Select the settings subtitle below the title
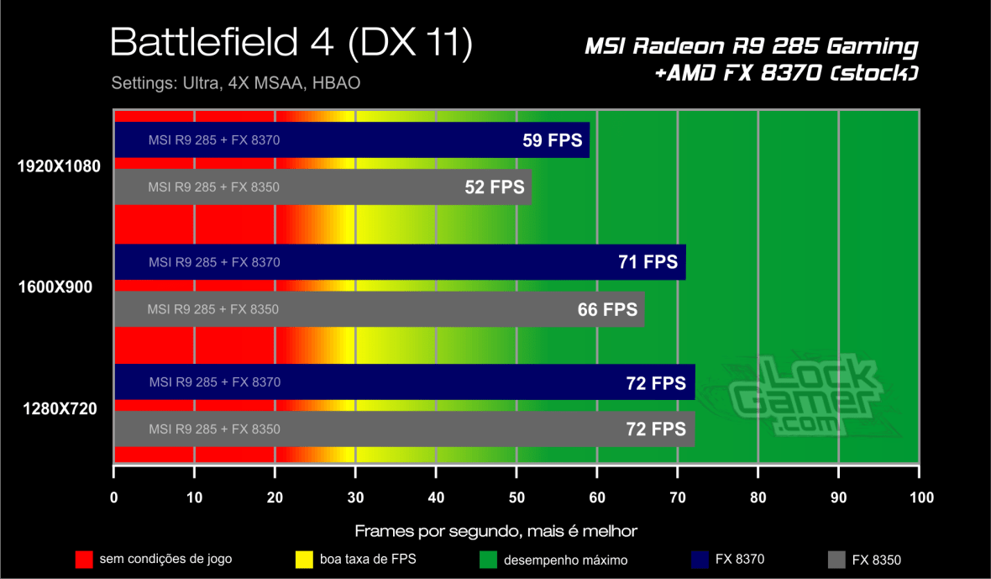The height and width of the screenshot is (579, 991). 236,84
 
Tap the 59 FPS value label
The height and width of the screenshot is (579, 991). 552,140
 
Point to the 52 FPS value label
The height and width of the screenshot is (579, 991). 495,187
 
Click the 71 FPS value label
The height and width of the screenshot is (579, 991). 648,262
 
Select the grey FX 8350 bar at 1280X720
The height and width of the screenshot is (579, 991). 403,429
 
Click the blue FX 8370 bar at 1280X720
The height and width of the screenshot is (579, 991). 403,382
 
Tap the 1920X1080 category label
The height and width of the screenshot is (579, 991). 59,166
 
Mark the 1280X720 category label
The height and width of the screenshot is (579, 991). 59,409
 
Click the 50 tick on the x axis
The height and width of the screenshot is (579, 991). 516,497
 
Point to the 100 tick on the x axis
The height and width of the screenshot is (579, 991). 920,497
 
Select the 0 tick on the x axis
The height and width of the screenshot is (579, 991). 114,497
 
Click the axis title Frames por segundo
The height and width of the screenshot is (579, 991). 495,530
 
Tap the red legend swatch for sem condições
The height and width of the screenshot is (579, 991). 83,559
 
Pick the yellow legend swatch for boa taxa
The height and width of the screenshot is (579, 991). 305,559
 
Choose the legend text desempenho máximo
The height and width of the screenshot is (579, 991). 565,560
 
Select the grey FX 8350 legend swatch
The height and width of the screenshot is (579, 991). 836,559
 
